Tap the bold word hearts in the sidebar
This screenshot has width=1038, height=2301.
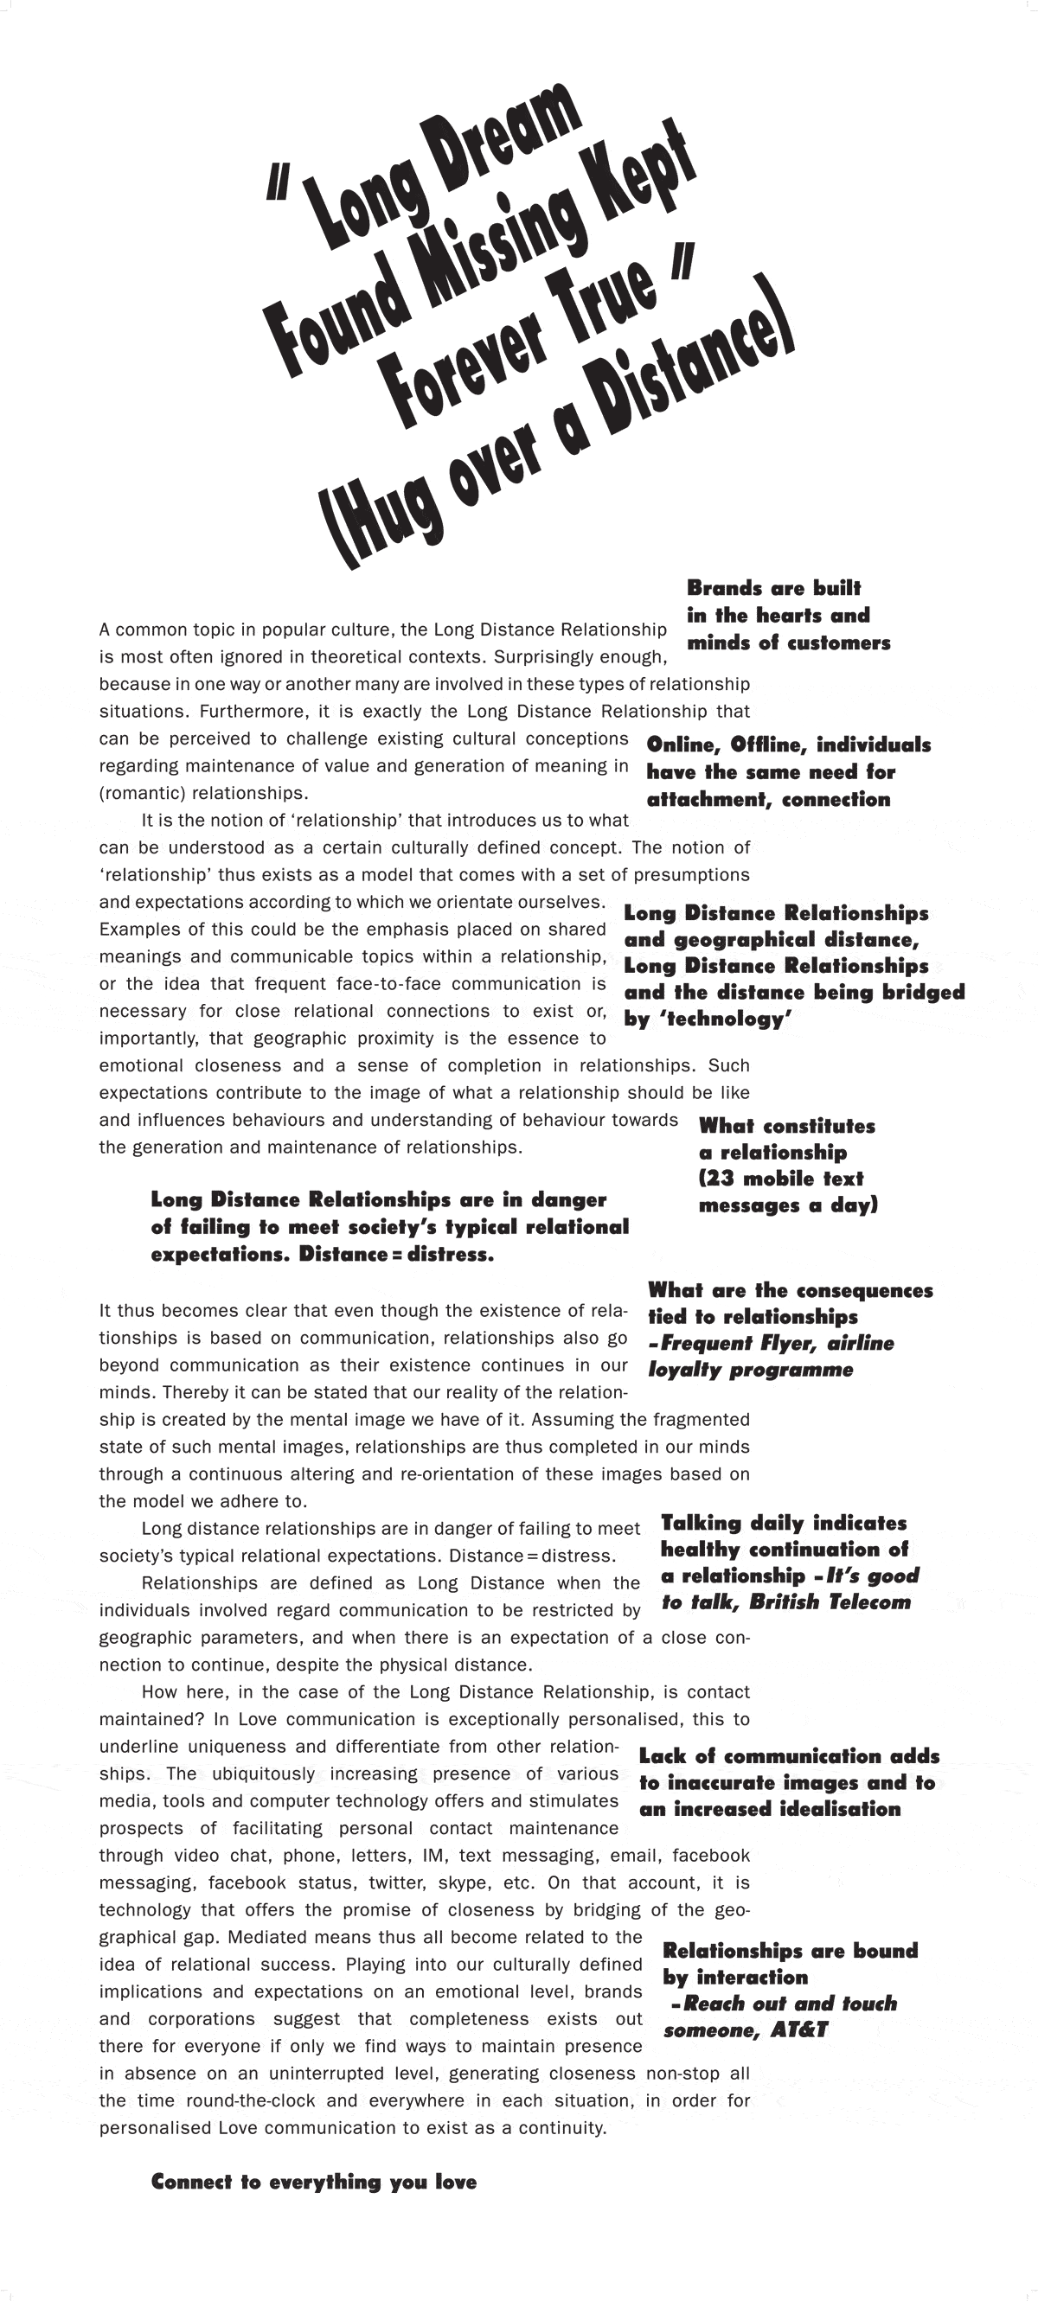pos(790,616)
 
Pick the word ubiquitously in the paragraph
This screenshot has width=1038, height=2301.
pos(263,1774)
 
